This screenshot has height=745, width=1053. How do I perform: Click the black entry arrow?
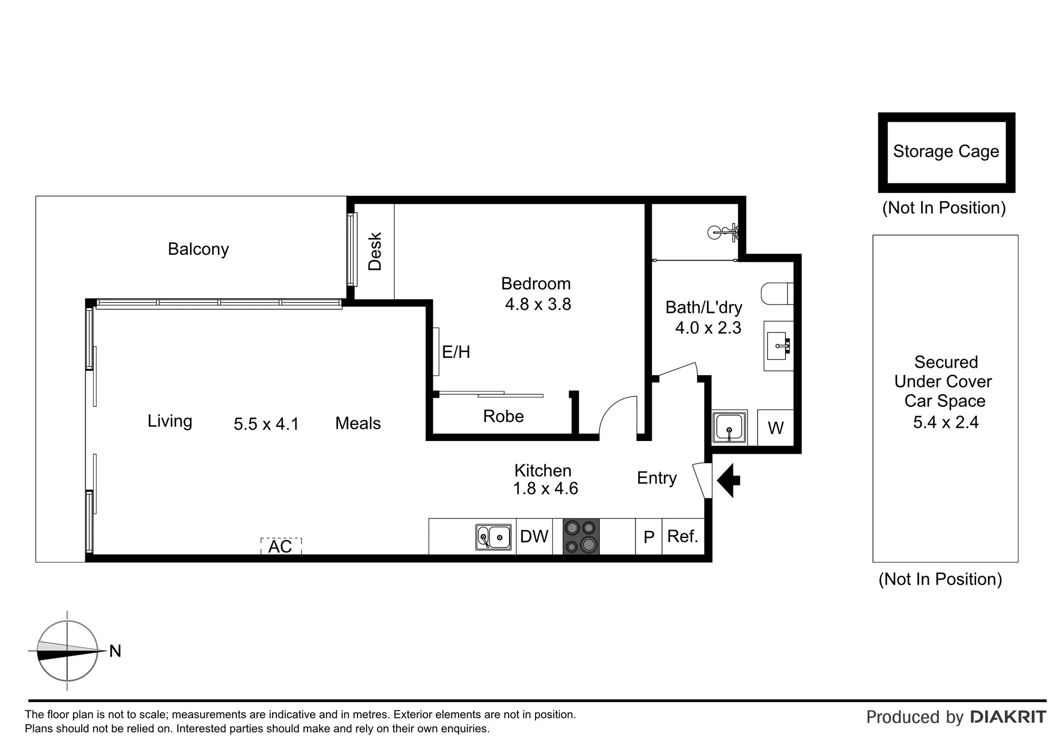point(730,481)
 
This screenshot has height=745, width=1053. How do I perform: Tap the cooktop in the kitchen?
point(581,536)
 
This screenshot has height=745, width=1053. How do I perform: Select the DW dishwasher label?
point(534,536)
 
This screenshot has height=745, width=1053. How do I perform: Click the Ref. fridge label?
point(683,536)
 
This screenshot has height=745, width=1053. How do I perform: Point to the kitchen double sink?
point(493,537)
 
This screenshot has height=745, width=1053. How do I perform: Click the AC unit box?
point(281,546)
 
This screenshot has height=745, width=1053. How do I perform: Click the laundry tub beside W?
point(729,427)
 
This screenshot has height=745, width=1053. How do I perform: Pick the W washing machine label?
point(776,428)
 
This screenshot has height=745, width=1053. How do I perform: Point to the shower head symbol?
point(722,232)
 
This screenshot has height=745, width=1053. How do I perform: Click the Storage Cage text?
point(946,152)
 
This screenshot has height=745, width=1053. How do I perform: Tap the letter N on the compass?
point(115,651)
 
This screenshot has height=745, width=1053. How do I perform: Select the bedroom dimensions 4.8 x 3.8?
point(538,305)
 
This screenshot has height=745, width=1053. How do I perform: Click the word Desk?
point(374,252)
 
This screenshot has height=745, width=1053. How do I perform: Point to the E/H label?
point(456,352)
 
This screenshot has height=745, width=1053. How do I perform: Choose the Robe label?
point(503,416)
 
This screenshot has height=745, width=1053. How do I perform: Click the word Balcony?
point(198,249)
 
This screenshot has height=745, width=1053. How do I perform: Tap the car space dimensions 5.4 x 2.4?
point(946,422)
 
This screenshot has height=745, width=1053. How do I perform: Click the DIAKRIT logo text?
point(1008,717)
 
